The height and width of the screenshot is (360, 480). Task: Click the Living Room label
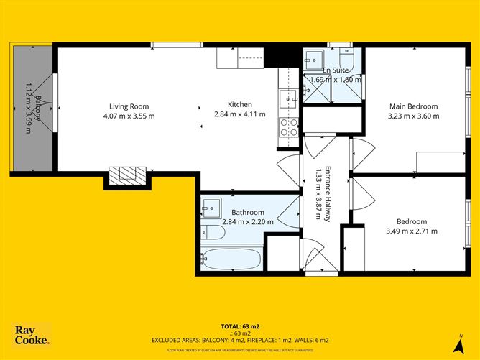(x=129, y=106)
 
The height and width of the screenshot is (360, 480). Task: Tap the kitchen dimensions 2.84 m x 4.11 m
(x=240, y=114)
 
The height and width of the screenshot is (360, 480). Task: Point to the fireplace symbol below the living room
(x=127, y=174)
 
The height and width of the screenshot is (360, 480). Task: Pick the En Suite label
(x=336, y=70)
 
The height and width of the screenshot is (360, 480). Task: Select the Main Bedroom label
(x=412, y=106)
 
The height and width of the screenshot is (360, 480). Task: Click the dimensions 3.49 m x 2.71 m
(x=412, y=231)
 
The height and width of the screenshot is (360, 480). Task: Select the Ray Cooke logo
(x=32, y=335)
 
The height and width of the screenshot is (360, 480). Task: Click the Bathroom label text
(x=248, y=212)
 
